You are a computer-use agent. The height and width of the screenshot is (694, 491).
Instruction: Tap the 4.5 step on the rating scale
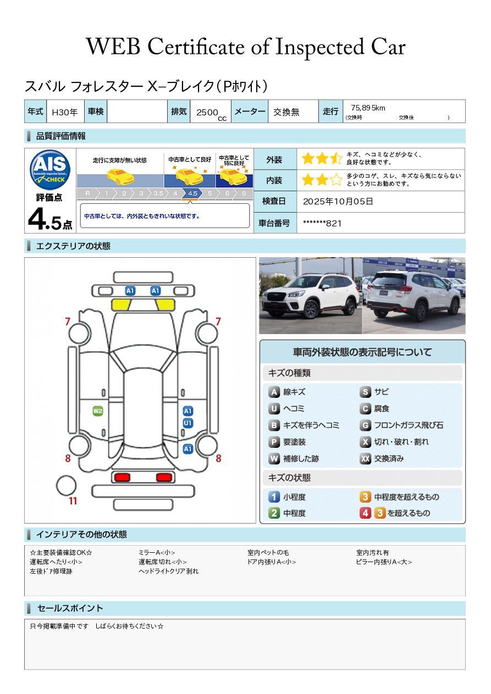(x=192, y=193)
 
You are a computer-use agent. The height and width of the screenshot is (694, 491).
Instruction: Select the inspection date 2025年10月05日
(x=338, y=202)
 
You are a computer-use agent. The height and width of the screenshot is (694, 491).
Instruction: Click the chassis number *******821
(x=322, y=223)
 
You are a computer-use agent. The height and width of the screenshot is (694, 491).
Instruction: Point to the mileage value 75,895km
(x=368, y=108)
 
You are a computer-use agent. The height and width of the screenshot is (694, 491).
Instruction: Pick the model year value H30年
(x=64, y=112)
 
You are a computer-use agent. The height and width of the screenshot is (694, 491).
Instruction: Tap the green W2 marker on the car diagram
(x=98, y=411)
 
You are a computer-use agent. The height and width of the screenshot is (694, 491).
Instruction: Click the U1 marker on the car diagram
(x=187, y=423)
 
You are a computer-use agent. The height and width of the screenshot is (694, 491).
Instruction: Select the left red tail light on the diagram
(x=121, y=477)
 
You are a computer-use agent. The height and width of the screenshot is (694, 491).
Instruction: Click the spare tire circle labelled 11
(x=66, y=485)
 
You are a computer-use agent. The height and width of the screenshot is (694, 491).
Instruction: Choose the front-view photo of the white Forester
(x=310, y=296)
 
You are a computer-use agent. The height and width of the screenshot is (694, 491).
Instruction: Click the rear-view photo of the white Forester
(x=413, y=296)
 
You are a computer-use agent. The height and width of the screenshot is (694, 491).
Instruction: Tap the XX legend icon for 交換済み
(x=366, y=459)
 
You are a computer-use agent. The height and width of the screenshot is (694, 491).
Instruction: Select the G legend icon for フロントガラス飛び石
(x=366, y=425)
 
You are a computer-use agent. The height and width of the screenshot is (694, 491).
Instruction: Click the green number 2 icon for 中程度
(x=274, y=513)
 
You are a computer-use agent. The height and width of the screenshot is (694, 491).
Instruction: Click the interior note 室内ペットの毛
(x=268, y=553)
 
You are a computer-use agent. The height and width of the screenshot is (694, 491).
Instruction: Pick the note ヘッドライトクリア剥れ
(x=168, y=571)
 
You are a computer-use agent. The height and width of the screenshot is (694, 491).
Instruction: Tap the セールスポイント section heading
(x=70, y=608)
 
